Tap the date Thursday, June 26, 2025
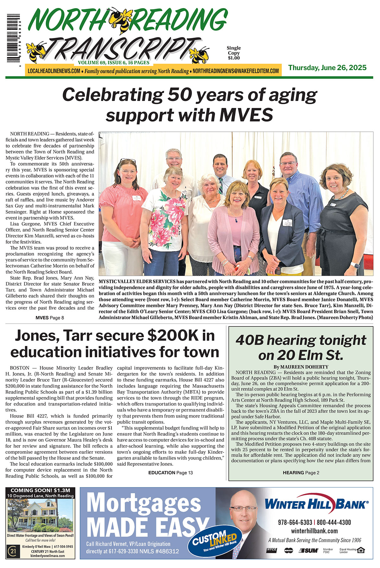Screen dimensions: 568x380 pos(327,67)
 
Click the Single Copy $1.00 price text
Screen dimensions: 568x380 pos(233,53)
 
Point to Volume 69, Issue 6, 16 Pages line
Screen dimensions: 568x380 pos(113,63)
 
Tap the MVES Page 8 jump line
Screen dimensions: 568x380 pos(50,318)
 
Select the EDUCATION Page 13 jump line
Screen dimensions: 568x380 pos(170,473)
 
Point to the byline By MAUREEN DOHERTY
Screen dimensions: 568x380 pos(301,367)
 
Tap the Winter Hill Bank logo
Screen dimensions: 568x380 pos(316,504)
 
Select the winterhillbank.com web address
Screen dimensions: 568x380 pos(314,531)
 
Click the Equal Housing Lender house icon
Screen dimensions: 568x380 pos(360,550)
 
